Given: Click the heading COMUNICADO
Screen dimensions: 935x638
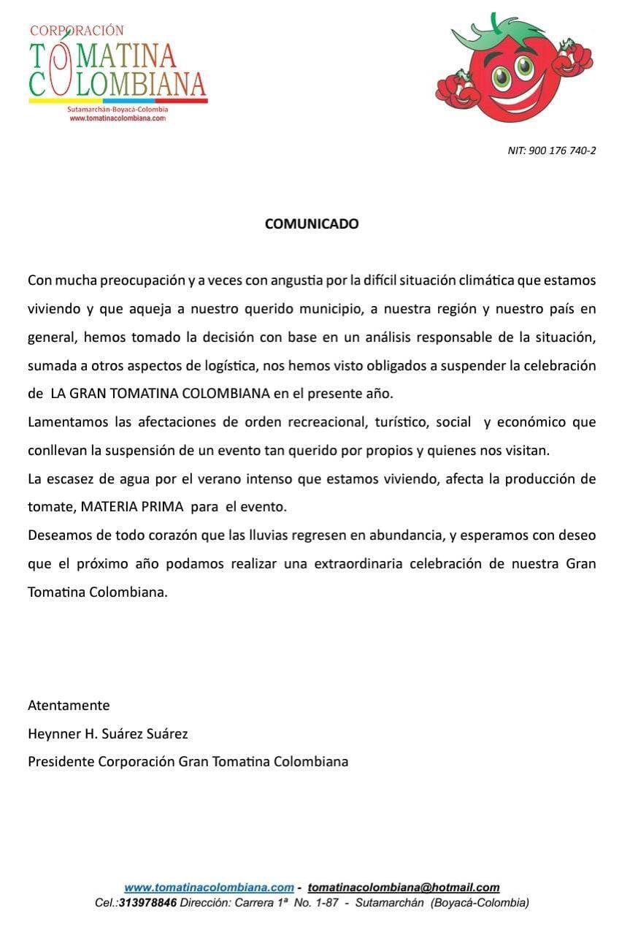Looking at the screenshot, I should (312, 224).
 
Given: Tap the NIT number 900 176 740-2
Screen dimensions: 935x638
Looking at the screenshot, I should (552, 150).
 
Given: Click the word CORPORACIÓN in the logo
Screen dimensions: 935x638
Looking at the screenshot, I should (77, 31).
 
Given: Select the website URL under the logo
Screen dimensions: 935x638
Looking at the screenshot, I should (118, 118).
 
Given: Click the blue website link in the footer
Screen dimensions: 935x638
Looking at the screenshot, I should (209, 888).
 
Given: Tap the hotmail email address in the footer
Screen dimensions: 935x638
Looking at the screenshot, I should (404, 888).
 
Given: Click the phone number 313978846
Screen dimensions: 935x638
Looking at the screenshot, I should (147, 903).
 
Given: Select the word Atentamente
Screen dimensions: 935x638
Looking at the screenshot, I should (69, 706).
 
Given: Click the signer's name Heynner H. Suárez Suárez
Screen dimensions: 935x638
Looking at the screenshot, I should (108, 733).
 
